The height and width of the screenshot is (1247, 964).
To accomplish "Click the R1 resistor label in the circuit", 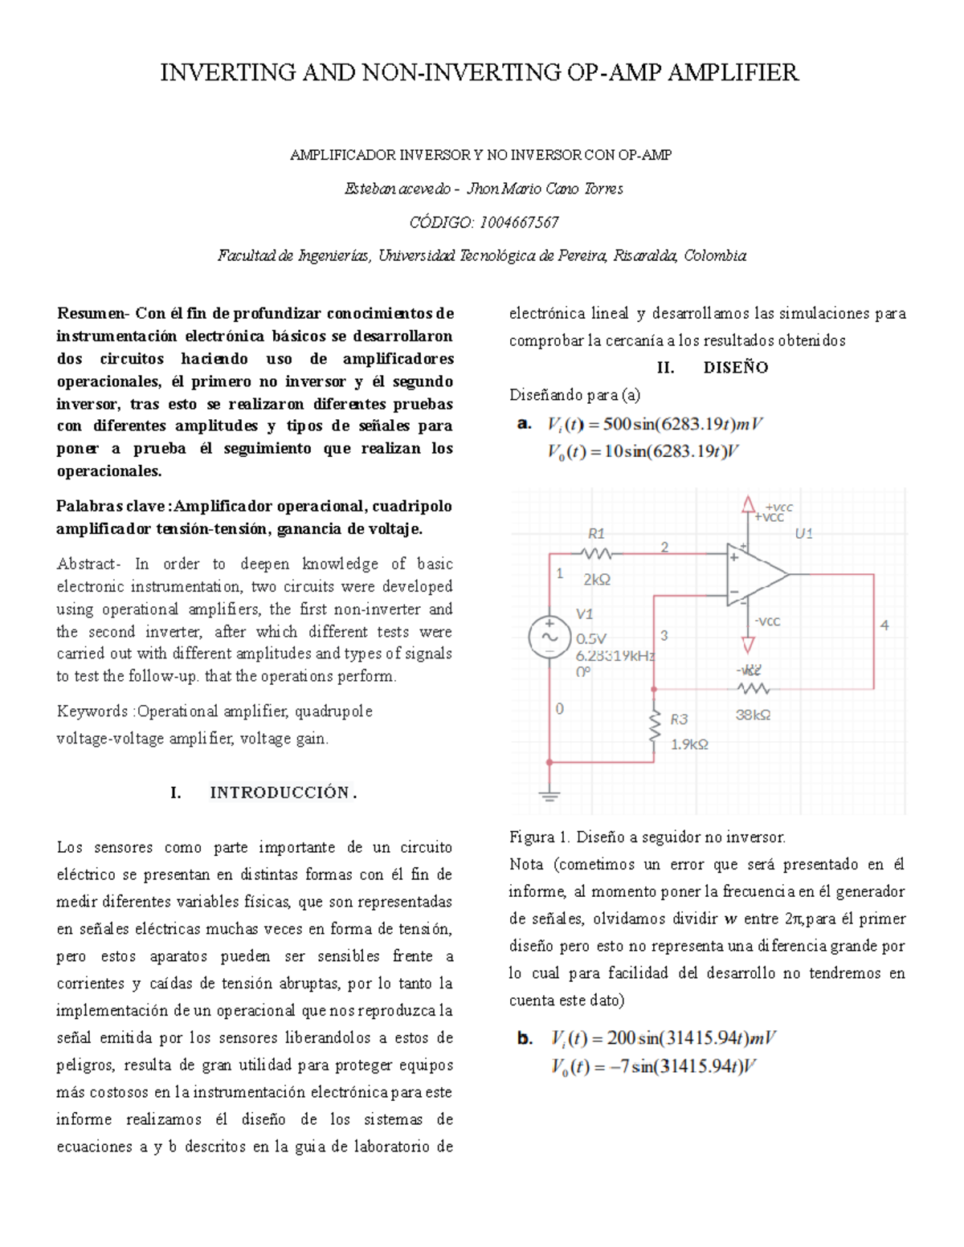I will [x=596, y=533].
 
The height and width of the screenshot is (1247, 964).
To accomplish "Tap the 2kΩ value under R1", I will [x=597, y=579].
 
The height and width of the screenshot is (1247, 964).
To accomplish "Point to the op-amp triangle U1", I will [x=756, y=574].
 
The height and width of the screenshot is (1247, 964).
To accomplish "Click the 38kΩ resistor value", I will [x=753, y=715].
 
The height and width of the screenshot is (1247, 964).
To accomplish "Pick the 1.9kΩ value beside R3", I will [x=689, y=744].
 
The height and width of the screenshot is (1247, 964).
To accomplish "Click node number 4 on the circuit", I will [x=884, y=625].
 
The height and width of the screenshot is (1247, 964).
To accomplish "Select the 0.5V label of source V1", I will [x=591, y=639].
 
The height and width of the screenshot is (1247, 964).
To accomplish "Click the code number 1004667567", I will [x=518, y=222].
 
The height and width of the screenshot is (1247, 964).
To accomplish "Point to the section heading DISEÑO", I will [x=736, y=368].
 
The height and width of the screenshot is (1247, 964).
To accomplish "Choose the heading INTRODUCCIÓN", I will [x=280, y=793].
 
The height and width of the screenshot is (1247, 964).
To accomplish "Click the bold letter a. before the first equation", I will [x=525, y=423].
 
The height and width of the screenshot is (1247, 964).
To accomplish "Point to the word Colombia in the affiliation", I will [x=715, y=255].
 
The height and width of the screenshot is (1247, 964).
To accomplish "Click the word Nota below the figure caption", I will [x=526, y=864].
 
